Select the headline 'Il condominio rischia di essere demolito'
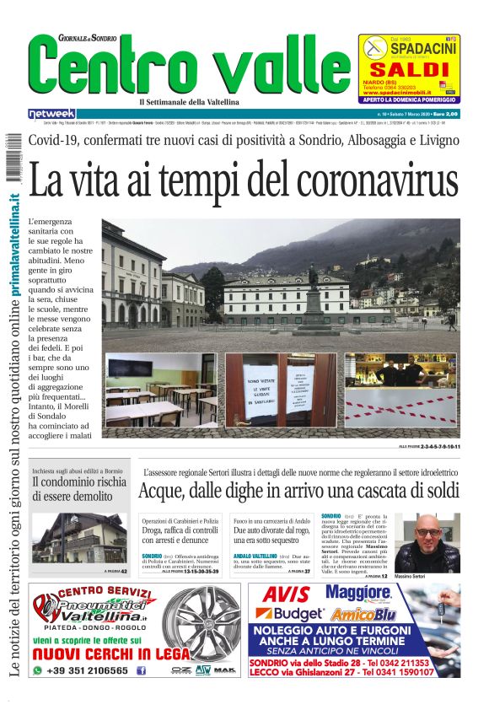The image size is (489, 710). click(79, 488)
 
